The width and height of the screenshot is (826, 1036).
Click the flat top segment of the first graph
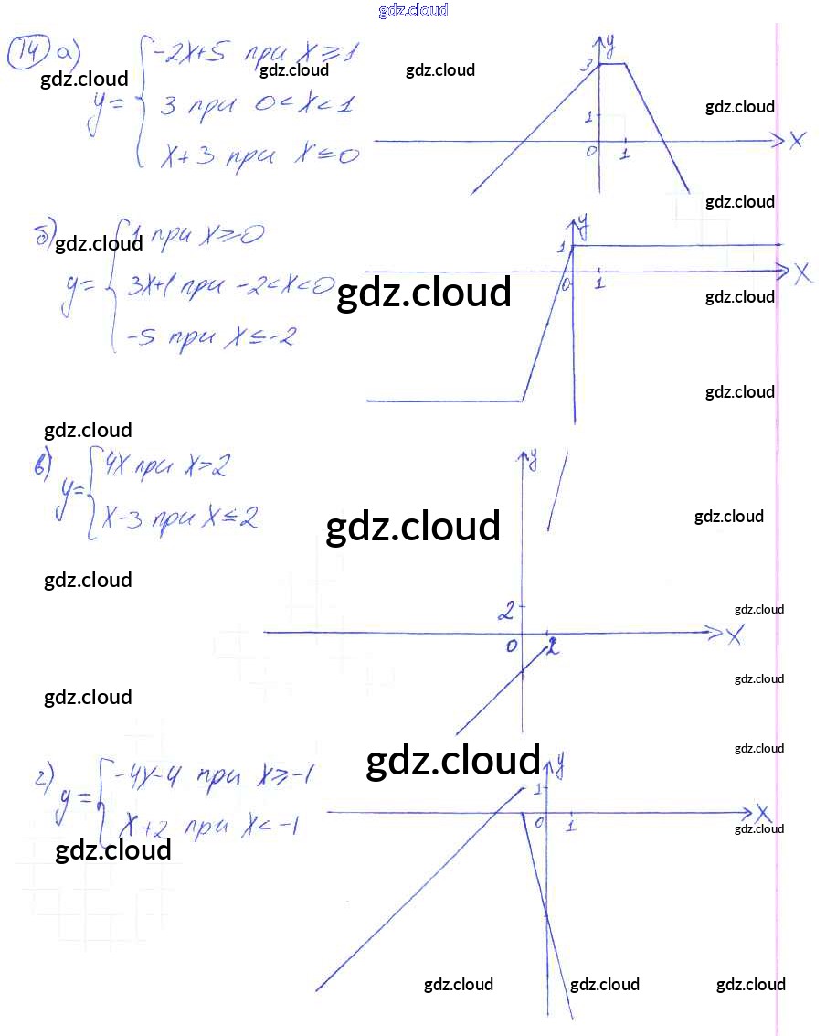click(x=611, y=64)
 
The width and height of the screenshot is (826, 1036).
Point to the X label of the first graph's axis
click(x=797, y=141)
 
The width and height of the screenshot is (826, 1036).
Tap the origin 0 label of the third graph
click(x=512, y=647)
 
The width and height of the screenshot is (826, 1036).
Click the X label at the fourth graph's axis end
click(x=764, y=813)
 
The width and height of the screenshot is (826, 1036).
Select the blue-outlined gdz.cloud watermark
click(x=413, y=10)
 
